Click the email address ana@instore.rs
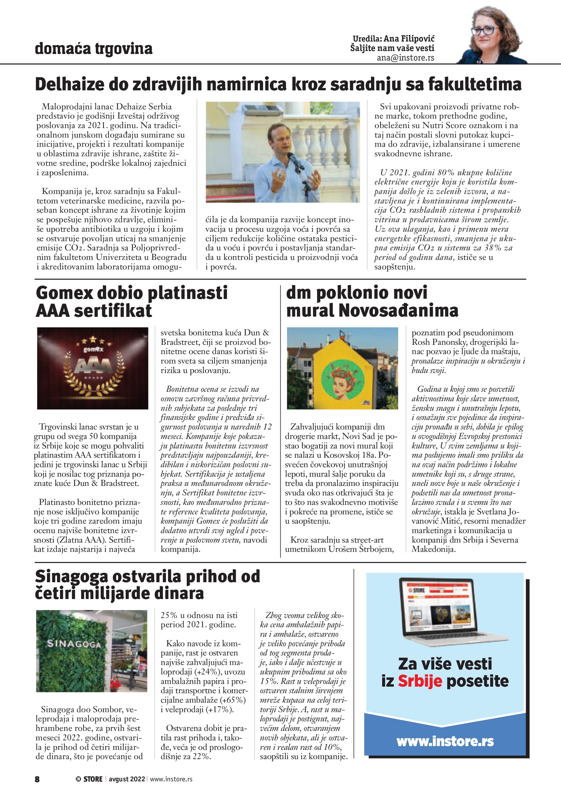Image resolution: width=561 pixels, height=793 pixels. point(405,58)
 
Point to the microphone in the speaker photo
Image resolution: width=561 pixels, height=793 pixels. point(292,158)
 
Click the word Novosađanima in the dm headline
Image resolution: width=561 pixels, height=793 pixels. point(398,310)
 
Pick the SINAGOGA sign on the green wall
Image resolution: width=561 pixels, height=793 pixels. point(74,644)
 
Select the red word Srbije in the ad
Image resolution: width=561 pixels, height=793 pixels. point(420,681)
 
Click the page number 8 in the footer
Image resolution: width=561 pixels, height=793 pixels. point(37,779)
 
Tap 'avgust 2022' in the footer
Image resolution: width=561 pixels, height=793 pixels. point(127,779)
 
